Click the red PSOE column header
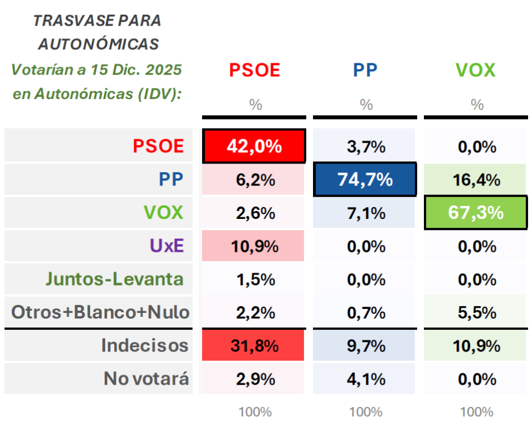(x=255, y=70)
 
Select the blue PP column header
(x=365, y=70)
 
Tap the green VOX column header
(x=475, y=70)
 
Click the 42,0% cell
(x=254, y=147)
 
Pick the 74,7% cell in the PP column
(x=365, y=180)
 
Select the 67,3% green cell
(x=475, y=213)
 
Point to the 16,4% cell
(x=475, y=180)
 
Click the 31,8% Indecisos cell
(x=254, y=345)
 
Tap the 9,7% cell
(x=365, y=345)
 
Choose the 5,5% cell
(x=475, y=312)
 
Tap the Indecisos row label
(x=144, y=345)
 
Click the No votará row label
(x=146, y=378)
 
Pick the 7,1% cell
(x=365, y=213)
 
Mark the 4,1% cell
(x=365, y=378)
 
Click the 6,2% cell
(x=254, y=180)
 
